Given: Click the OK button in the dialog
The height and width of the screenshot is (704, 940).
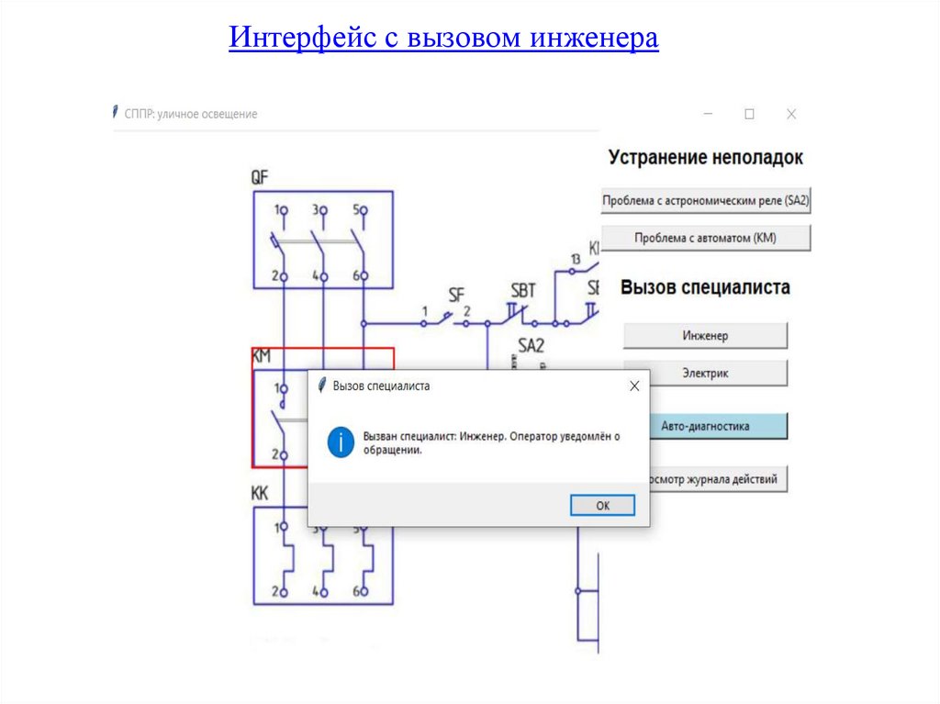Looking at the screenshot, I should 602,506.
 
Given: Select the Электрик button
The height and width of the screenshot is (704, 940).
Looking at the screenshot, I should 705,374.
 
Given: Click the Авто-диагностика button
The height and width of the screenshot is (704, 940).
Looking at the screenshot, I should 705,426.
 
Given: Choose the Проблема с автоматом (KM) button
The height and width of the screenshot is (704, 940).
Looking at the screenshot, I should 706,239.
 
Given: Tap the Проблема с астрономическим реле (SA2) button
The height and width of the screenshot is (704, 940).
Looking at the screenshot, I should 706,200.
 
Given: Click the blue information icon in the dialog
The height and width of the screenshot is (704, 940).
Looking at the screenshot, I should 341,442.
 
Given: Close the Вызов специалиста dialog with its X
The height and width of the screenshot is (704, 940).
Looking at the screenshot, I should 633,386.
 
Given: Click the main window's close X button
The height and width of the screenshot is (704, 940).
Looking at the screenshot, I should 791,114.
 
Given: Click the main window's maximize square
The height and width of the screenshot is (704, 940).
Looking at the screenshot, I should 749,114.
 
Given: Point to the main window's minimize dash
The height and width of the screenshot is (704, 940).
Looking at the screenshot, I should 709,114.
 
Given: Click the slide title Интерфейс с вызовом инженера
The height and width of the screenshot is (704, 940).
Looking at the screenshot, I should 443,39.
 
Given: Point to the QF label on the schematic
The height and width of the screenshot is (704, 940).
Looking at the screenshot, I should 260,177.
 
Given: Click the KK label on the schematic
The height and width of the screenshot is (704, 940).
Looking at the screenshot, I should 260,493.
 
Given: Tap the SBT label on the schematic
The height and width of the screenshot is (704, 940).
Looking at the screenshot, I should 522,292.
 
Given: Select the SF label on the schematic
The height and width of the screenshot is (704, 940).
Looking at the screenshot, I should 456,295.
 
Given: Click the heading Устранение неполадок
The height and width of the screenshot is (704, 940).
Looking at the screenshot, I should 705,158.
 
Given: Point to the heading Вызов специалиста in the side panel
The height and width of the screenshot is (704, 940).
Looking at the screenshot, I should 705,287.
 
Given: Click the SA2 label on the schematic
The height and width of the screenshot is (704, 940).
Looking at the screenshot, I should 532,346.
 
